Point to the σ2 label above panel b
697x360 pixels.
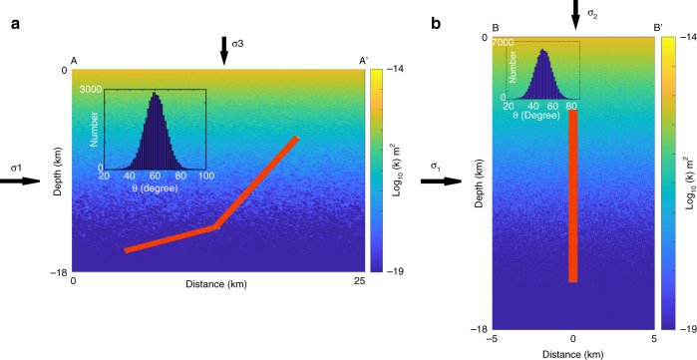click(x=591, y=14)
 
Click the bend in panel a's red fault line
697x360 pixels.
click(x=216, y=227)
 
